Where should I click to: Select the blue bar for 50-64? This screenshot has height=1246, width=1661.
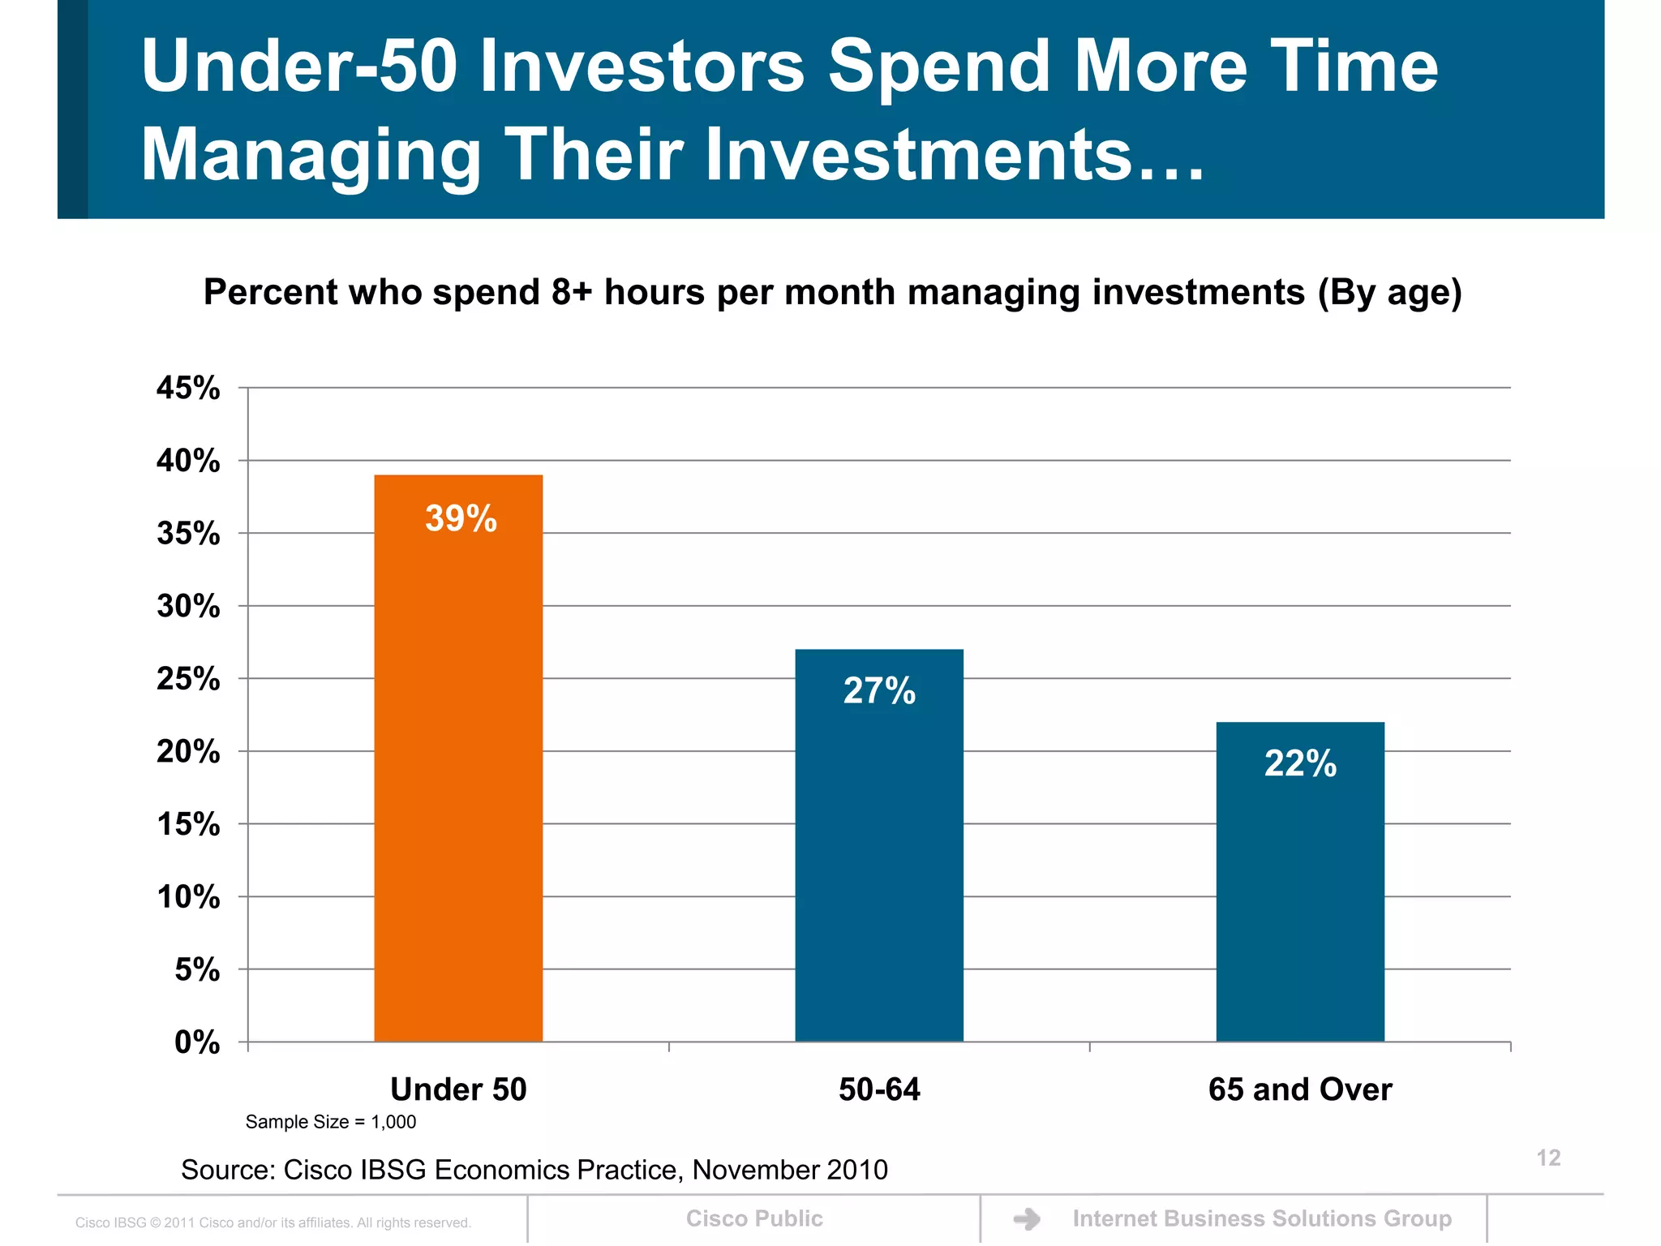(x=879, y=860)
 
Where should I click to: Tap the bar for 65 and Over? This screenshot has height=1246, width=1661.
(x=1300, y=892)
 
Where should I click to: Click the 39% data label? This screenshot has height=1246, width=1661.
(x=461, y=519)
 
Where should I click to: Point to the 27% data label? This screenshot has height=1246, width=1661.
(x=879, y=691)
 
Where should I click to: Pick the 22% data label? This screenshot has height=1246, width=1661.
(x=1300, y=764)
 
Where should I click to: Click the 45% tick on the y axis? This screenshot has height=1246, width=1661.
(x=188, y=389)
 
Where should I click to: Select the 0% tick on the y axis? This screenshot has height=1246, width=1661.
(x=197, y=1042)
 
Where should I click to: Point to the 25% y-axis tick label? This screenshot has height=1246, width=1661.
(x=188, y=679)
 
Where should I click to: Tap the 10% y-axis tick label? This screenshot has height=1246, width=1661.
(x=188, y=897)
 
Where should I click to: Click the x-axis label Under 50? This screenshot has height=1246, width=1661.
(x=458, y=1089)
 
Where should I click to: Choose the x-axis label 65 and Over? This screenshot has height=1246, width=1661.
(x=1299, y=1089)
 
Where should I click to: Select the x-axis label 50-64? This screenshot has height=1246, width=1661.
(x=879, y=1089)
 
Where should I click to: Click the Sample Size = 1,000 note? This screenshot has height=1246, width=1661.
(x=330, y=1122)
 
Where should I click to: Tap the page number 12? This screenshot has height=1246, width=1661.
(x=1548, y=1158)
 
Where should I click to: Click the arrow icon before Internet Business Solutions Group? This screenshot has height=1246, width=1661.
(x=1027, y=1218)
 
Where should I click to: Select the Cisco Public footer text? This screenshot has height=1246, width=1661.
(x=754, y=1218)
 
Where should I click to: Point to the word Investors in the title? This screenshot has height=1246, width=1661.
(x=642, y=67)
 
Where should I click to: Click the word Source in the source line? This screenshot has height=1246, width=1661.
(x=225, y=1170)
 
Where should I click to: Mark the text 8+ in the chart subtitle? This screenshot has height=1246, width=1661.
(x=571, y=292)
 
